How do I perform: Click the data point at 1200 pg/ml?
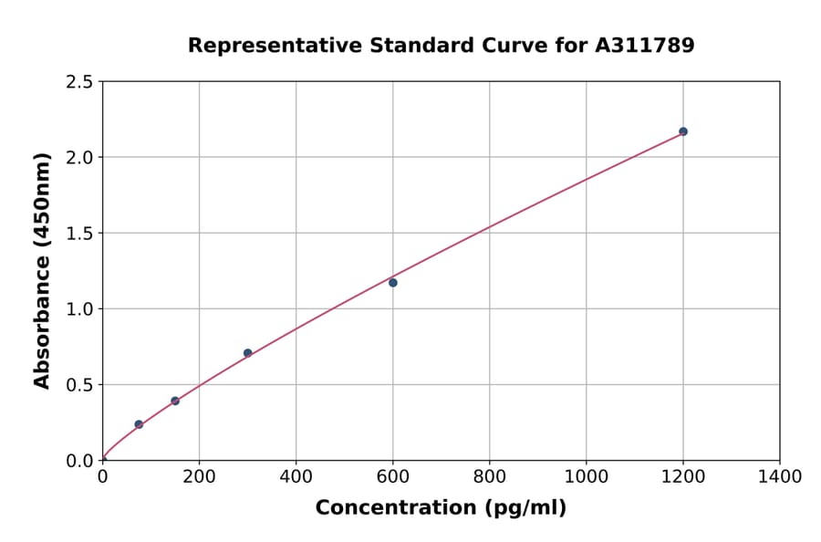point(682,131)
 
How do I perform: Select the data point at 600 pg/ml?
point(393,283)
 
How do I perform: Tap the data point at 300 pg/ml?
point(247,353)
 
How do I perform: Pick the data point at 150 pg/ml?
point(175,401)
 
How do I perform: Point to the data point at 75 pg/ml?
point(139,424)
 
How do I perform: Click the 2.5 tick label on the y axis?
point(79,82)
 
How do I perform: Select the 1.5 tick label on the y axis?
point(79,234)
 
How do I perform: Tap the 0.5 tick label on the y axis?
point(79,385)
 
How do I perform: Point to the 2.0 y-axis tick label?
point(79,158)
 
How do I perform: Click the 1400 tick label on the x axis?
point(779,476)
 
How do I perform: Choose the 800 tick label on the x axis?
point(489,476)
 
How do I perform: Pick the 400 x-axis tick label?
point(296,476)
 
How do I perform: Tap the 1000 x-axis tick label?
point(586,476)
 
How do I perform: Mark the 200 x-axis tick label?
point(199,476)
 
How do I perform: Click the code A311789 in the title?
point(645,45)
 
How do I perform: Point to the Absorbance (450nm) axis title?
point(42,271)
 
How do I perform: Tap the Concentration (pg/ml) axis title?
point(441,508)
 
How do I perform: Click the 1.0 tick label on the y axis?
point(79,309)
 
